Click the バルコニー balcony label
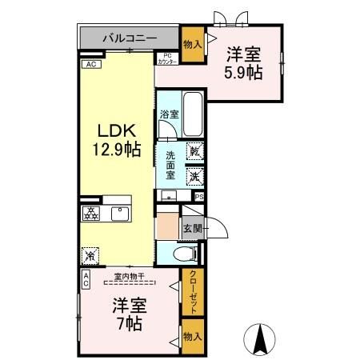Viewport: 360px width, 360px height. [128, 38]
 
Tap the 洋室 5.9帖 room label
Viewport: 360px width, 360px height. [242, 63]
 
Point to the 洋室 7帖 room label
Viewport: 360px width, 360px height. [128, 314]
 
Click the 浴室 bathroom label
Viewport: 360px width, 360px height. [168, 115]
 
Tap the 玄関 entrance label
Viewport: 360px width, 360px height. [192, 229]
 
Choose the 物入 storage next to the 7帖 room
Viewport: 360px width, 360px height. [192, 337]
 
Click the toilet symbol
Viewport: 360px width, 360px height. [182, 254]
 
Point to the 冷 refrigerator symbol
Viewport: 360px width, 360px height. [90, 255]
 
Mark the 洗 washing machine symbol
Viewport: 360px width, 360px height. [194, 175]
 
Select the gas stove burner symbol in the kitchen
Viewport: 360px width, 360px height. [90, 214]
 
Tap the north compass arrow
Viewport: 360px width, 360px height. [260, 339]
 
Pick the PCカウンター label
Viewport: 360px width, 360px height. [167, 58]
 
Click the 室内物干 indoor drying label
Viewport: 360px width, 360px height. [130, 276]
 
